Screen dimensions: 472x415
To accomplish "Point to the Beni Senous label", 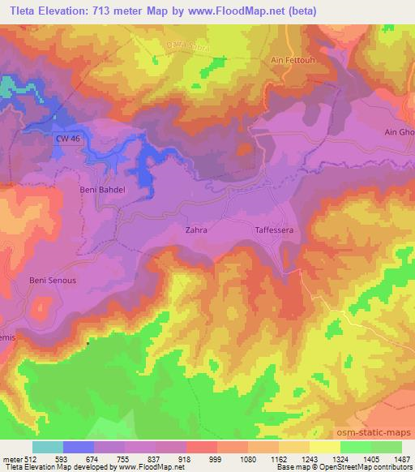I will coord(53,281).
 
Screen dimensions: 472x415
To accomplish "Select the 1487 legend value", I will coord(402,457).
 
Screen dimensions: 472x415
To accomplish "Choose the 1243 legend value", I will coord(310,457).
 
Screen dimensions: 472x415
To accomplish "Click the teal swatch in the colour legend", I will coord(48,447).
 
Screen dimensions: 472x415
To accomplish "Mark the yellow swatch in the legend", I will coord(325,447).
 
